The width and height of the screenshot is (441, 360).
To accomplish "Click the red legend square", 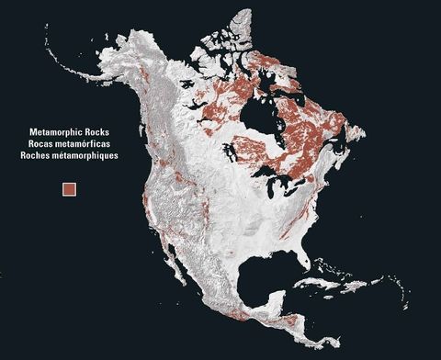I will (x=69, y=189).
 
